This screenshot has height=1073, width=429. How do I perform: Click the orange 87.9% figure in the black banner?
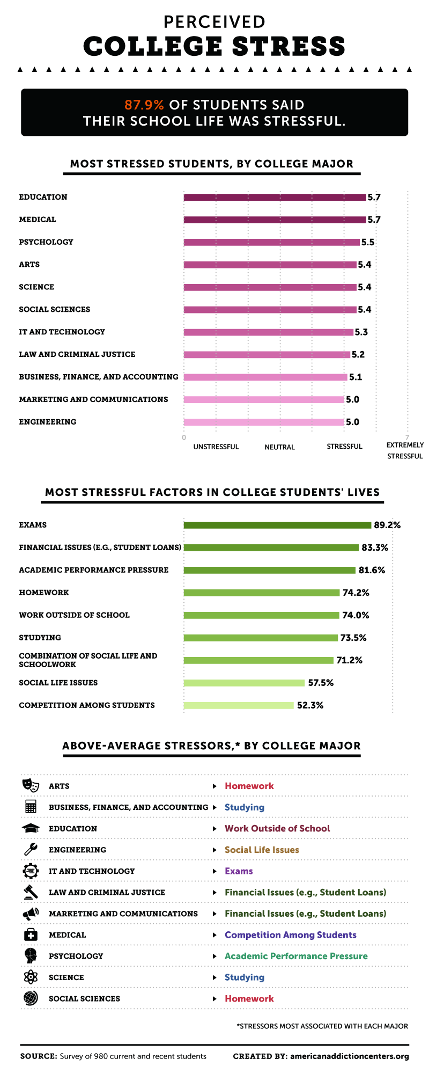click(144, 105)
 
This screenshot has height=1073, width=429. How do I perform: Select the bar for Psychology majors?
click(271, 242)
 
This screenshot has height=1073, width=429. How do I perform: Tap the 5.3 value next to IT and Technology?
click(361, 332)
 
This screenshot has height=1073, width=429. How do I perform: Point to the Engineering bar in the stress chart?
click(263, 422)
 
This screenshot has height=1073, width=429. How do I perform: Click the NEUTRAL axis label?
click(279, 447)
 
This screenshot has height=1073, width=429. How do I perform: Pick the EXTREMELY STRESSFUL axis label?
click(405, 450)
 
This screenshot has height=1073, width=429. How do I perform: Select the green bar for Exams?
click(277, 525)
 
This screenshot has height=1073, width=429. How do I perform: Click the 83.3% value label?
click(375, 548)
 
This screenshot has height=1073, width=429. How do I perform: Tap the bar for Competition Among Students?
click(239, 705)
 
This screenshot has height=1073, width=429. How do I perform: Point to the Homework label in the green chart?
click(44, 593)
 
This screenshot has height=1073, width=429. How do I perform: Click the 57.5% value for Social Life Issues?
click(321, 683)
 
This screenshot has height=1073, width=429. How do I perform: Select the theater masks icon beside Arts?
click(31, 785)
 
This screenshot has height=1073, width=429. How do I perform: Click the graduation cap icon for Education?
click(31, 828)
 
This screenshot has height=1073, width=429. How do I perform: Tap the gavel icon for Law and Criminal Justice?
click(31, 892)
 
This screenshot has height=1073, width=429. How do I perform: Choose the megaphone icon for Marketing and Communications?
click(31, 914)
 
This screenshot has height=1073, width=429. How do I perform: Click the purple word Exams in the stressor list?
click(239, 871)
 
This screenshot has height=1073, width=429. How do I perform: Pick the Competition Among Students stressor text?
click(290, 935)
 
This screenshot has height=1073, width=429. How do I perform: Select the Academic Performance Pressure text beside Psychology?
click(296, 956)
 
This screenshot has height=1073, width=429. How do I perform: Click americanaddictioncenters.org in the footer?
click(349, 1056)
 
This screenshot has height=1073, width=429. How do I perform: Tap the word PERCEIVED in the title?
click(214, 22)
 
